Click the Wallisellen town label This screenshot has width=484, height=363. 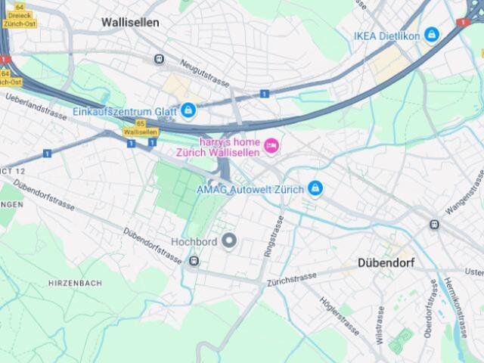click(130, 23)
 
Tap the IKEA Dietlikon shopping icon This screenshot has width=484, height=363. click(431, 35)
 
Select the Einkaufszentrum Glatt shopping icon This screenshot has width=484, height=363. click(188, 110)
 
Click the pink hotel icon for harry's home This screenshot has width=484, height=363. click(271, 144)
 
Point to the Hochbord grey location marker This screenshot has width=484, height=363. click(228, 241)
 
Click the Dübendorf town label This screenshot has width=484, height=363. click(389, 265)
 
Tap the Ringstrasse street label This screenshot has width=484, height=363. click(269, 236)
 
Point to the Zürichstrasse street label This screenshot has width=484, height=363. click(291, 280)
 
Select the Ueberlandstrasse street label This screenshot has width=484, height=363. click(36, 107)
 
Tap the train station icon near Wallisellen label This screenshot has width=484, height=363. click(159, 59)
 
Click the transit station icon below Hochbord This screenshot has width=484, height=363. click(194, 261)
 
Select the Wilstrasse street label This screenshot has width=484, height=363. click(380, 325)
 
